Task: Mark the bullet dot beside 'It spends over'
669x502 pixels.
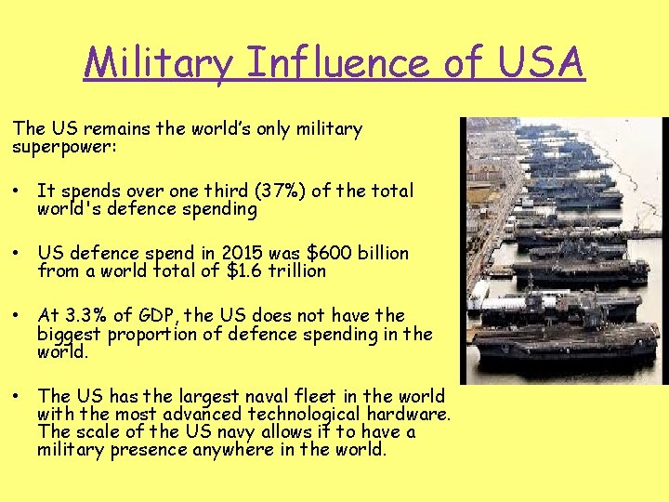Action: pyautogui.click(x=19, y=191)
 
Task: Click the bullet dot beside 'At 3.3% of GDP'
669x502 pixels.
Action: pyautogui.click(x=19, y=316)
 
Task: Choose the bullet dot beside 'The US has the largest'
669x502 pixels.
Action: pyautogui.click(x=19, y=396)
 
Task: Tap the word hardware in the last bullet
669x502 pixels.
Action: pyautogui.click(x=410, y=414)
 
